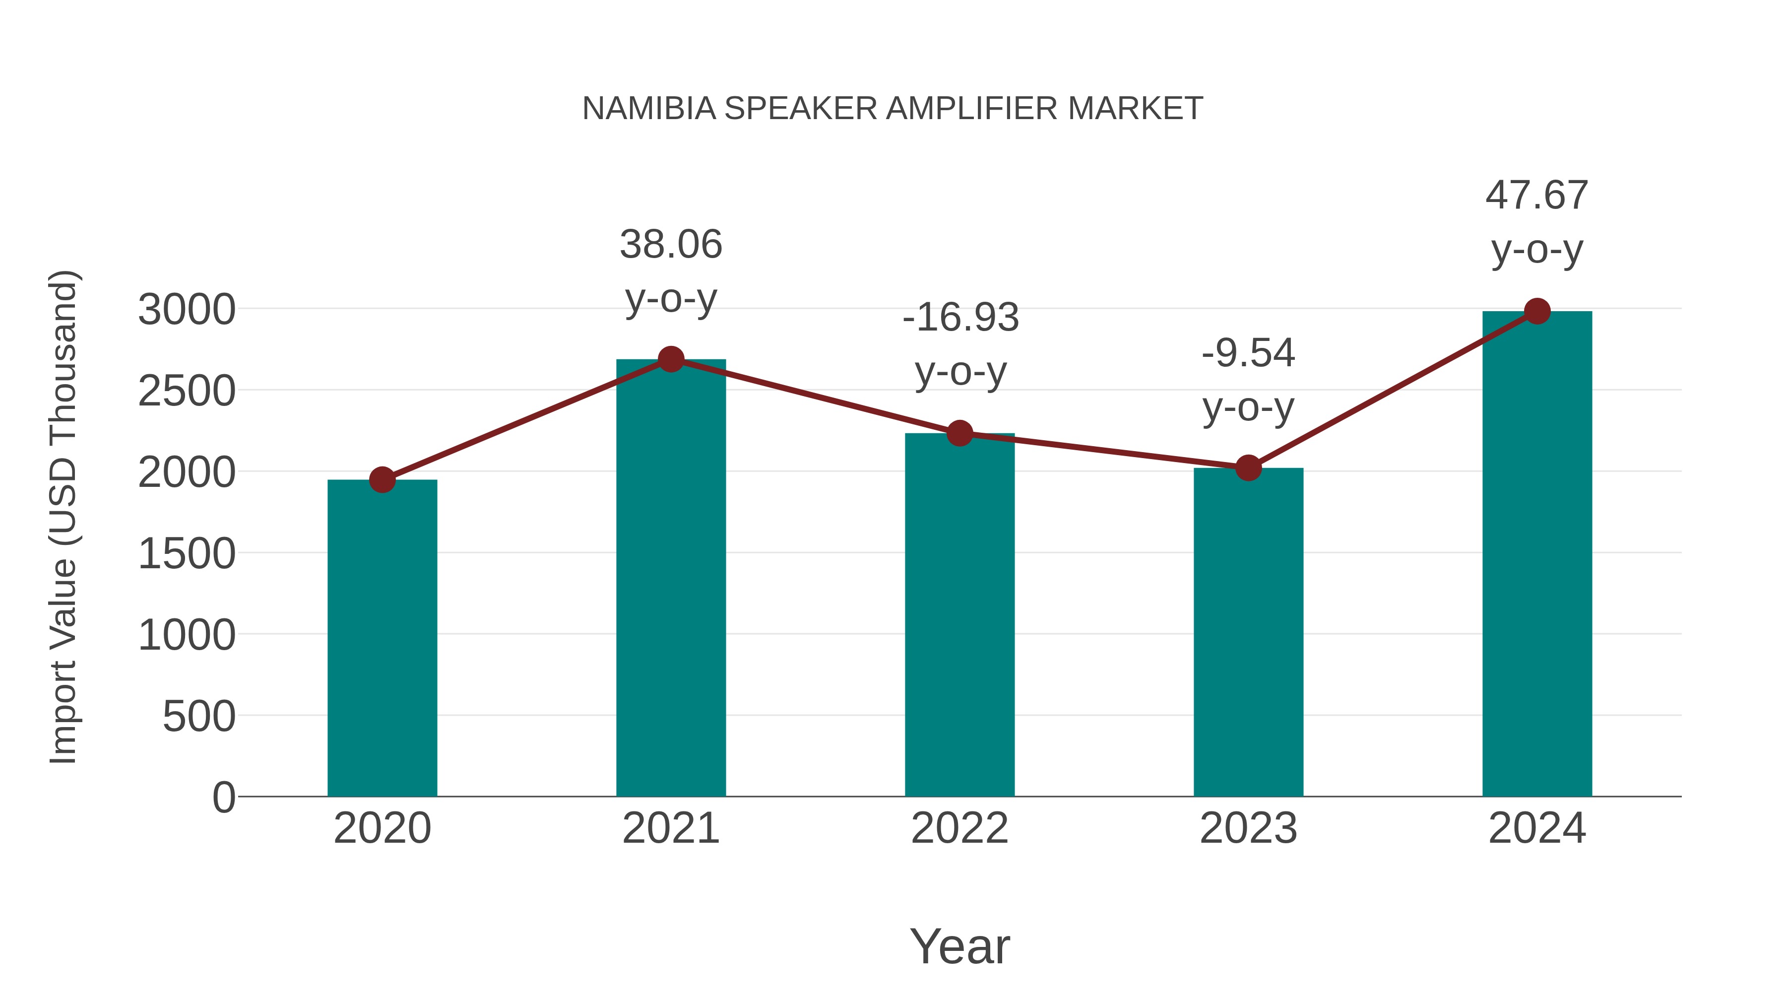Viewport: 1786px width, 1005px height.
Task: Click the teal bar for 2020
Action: (x=382, y=638)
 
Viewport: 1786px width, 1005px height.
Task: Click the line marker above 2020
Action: (x=382, y=479)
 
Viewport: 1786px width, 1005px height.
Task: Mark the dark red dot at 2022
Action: (x=959, y=433)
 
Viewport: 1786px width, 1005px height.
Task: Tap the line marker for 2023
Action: (x=1248, y=468)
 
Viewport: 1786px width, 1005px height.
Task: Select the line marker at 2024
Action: (x=1537, y=311)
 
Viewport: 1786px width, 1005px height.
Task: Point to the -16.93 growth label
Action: (x=960, y=318)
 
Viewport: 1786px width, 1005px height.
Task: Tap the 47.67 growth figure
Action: (x=1536, y=196)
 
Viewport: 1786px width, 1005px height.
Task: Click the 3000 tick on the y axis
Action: (x=187, y=310)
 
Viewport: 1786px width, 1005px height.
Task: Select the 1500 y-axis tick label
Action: (x=187, y=554)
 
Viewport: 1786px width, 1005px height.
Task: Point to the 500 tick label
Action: (x=199, y=717)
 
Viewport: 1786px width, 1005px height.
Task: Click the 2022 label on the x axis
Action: (x=959, y=828)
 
